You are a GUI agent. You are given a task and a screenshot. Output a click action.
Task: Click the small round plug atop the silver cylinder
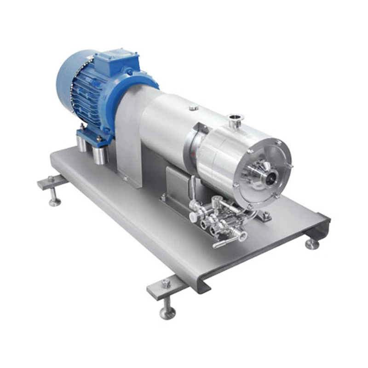pyautogui.click(x=194, y=107)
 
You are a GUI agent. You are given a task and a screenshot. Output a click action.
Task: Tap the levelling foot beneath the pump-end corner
pyautogui.click(x=312, y=244)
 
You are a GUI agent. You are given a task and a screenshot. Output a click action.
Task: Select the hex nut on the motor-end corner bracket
pyautogui.click(x=51, y=178)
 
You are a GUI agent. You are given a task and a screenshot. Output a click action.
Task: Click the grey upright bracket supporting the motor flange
pyautogui.click(x=129, y=138)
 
